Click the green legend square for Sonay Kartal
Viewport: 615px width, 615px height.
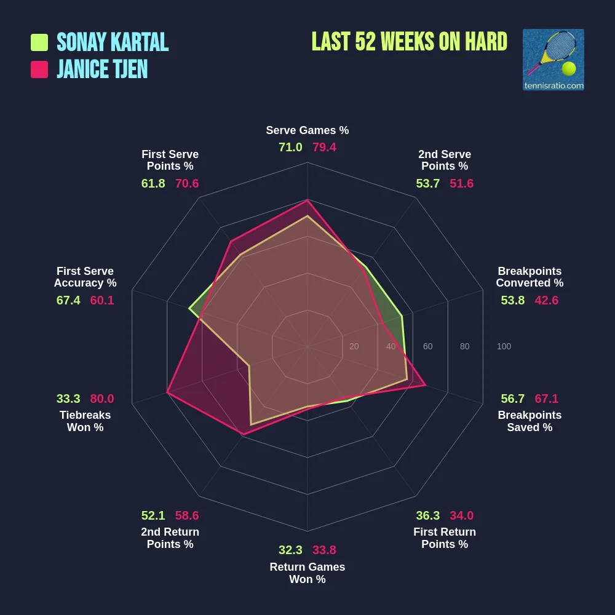(x=39, y=42)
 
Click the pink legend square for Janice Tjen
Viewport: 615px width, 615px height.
(x=39, y=69)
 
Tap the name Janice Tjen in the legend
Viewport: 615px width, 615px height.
(x=102, y=69)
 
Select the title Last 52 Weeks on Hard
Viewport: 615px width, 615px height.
(x=409, y=42)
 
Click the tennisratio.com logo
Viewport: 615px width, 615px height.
(x=553, y=60)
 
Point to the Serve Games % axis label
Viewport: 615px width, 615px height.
(x=307, y=130)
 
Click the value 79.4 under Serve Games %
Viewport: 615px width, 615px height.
(x=324, y=148)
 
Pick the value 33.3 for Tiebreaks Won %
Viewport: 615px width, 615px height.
(x=68, y=399)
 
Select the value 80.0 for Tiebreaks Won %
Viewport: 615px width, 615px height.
(x=102, y=399)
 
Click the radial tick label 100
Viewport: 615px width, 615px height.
(x=504, y=347)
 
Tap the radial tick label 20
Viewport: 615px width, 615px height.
(x=354, y=347)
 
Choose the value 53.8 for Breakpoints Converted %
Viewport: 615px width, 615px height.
(x=513, y=300)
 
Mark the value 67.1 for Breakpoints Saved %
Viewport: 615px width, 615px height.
(x=547, y=399)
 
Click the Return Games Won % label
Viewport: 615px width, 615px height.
(x=307, y=573)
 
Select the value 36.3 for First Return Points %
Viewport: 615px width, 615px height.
(x=427, y=515)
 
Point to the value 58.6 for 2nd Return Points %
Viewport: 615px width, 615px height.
(x=187, y=515)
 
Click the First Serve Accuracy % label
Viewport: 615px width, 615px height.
(x=85, y=277)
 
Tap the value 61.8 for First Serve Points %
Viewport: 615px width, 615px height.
(x=153, y=183)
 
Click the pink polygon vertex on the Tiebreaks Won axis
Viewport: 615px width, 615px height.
(x=167, y=392)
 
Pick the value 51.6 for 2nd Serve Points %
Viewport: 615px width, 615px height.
(x=461, y=183)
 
